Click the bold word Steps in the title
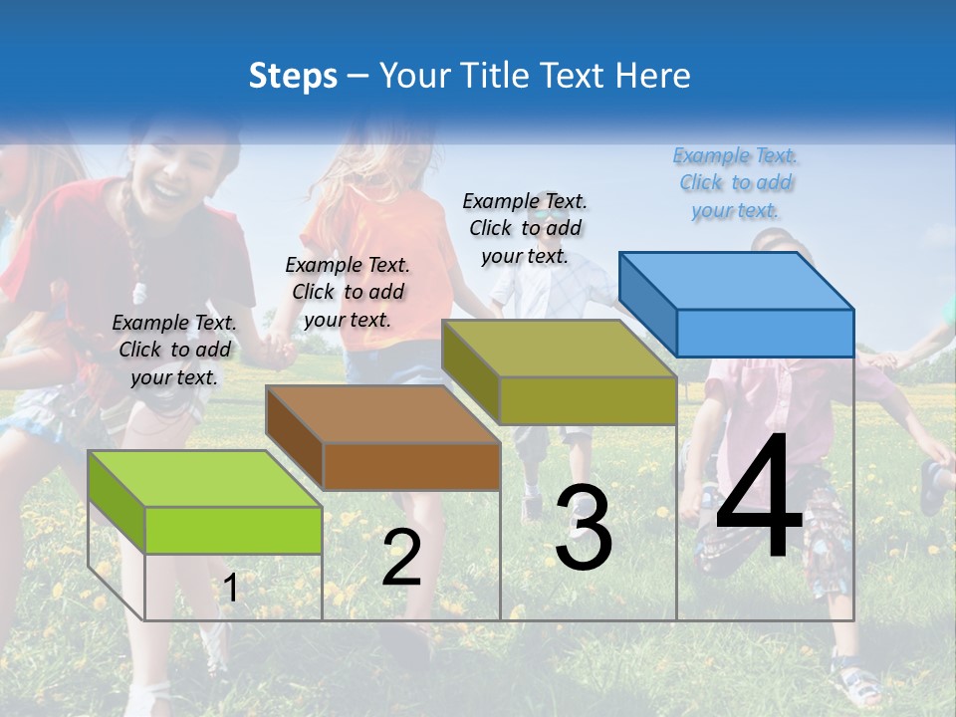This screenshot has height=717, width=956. click(293, 76)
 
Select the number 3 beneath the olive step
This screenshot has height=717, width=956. click(584, 528)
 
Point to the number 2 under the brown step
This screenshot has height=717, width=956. click(401, 559)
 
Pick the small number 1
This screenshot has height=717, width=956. click(230, 588)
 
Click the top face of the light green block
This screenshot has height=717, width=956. click(204, 478)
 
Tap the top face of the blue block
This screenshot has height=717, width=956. click(736, 280)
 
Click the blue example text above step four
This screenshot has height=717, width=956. click(735, 183)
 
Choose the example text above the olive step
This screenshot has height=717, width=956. click(525, 228)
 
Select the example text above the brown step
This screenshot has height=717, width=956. click(348, 292)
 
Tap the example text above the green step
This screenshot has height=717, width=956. click(174, 350)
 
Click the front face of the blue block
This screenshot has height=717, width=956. click(765, 333)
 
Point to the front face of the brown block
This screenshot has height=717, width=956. click(411, 466)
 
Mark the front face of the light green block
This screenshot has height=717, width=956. click(233, 530)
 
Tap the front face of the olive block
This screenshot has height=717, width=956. click(588, 400)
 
